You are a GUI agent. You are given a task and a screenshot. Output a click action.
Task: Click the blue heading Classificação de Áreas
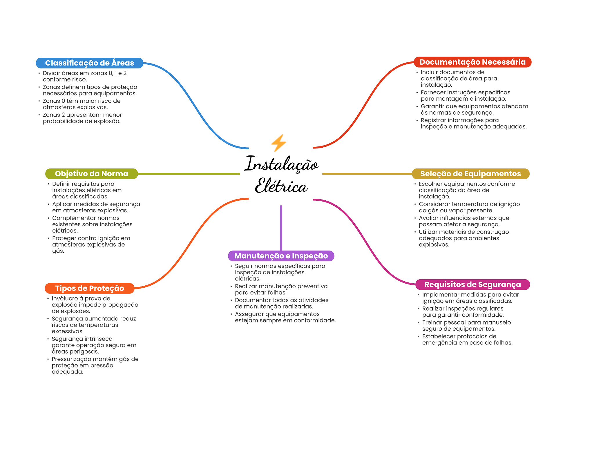[x=89, y=63]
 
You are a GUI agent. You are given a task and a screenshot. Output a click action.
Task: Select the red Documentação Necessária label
[x=472, y=62]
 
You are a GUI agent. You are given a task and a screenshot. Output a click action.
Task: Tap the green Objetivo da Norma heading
[x=91, y=174]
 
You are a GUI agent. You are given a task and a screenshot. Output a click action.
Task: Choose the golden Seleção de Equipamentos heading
[x=470, y=174]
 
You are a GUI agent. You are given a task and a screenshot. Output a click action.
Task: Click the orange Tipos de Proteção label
[x=89, y=288]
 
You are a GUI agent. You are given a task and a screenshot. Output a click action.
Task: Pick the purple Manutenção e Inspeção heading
[x=281, y=256]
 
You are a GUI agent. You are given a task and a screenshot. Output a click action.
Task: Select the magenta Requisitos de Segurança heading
[x=472, y=284]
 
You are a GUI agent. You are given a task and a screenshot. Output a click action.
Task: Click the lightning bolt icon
[x=278, y=143]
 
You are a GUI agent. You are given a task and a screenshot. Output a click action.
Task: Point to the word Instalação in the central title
[x=281, y=164]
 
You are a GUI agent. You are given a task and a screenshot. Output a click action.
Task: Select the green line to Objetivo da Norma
[x=189, y=174]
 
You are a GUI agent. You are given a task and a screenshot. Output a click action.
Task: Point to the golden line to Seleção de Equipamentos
[x=367, y=174]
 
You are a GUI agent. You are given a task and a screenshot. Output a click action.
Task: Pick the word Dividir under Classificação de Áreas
[x=51, y=73]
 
